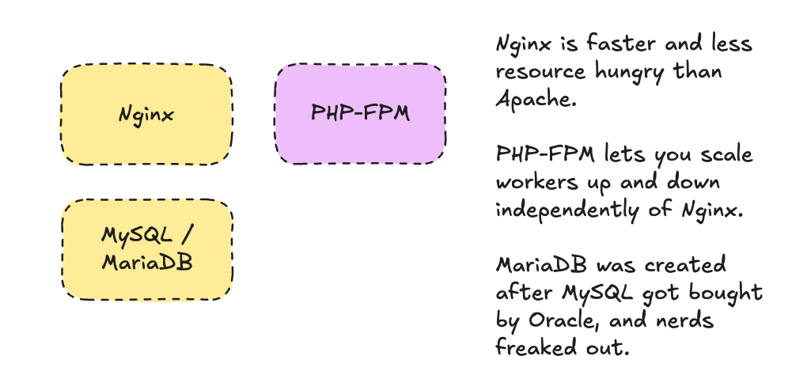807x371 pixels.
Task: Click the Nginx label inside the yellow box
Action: (x=146, y=115)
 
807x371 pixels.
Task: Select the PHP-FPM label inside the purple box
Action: (x=360, y=113)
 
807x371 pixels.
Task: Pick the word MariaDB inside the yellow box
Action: (x=147, y=261)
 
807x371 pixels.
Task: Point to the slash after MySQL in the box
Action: (x=184, y=235)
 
